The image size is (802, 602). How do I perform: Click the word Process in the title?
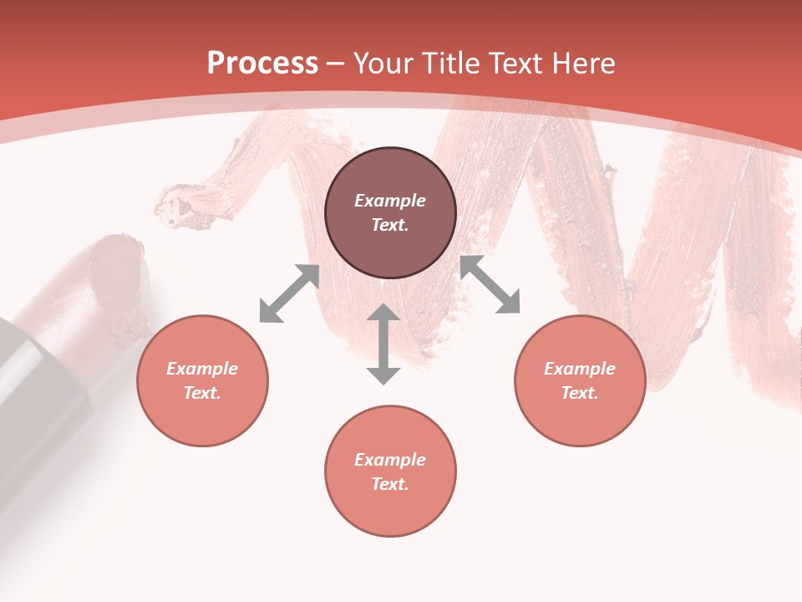(262, 64)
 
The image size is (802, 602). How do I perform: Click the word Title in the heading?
(450, 64)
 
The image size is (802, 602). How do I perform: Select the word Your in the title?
(384, 64)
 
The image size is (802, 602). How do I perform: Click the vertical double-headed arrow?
(383, 344)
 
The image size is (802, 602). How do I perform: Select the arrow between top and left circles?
(289, 293)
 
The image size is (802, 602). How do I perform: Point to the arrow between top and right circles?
(490, 285)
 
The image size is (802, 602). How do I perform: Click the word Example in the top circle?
(390, 201)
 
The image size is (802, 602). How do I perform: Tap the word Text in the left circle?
(202, 393)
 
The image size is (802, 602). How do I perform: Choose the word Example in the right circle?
(580, 369)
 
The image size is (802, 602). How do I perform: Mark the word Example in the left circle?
(202, 369)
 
